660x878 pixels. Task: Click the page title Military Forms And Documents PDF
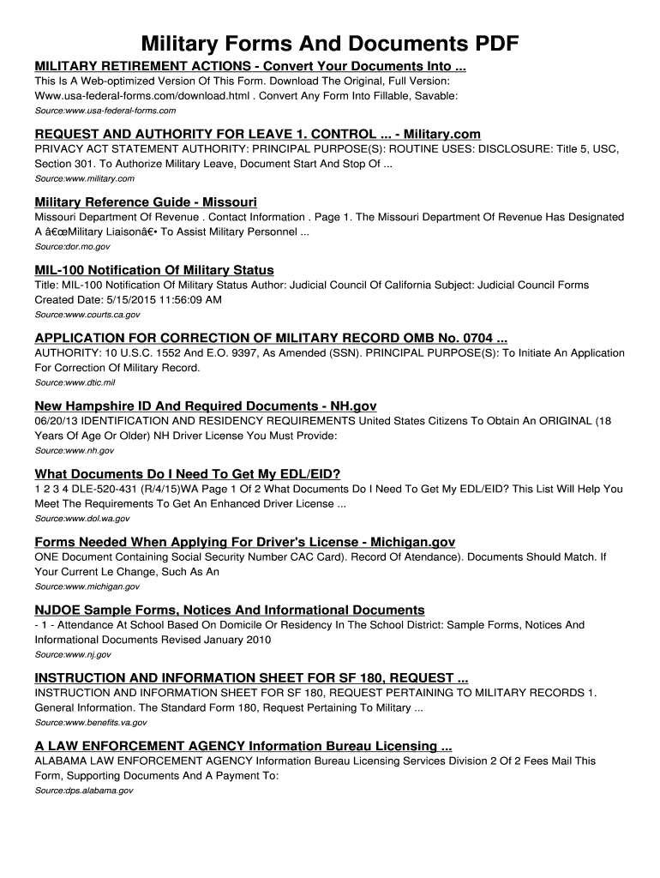(330, 44)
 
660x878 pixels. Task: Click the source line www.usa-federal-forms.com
(105, 111)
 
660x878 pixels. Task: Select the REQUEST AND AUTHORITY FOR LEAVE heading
(257, 134)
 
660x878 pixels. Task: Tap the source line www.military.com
(84, 178)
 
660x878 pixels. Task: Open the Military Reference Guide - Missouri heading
(146, 201)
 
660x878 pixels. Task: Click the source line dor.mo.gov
(72, 246)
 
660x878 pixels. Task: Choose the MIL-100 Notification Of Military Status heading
(154, 270)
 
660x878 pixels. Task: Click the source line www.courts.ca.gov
(87, 315)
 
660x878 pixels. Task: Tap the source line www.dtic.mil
(74, 382)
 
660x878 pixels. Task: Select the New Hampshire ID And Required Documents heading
(206, 406)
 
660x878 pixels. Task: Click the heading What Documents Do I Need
(188, 473)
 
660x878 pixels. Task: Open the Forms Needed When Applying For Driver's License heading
(244, 542)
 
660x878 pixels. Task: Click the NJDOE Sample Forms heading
(229, 610)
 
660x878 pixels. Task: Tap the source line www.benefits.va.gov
(89, 722)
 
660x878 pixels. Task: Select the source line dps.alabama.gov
(83, 791)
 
